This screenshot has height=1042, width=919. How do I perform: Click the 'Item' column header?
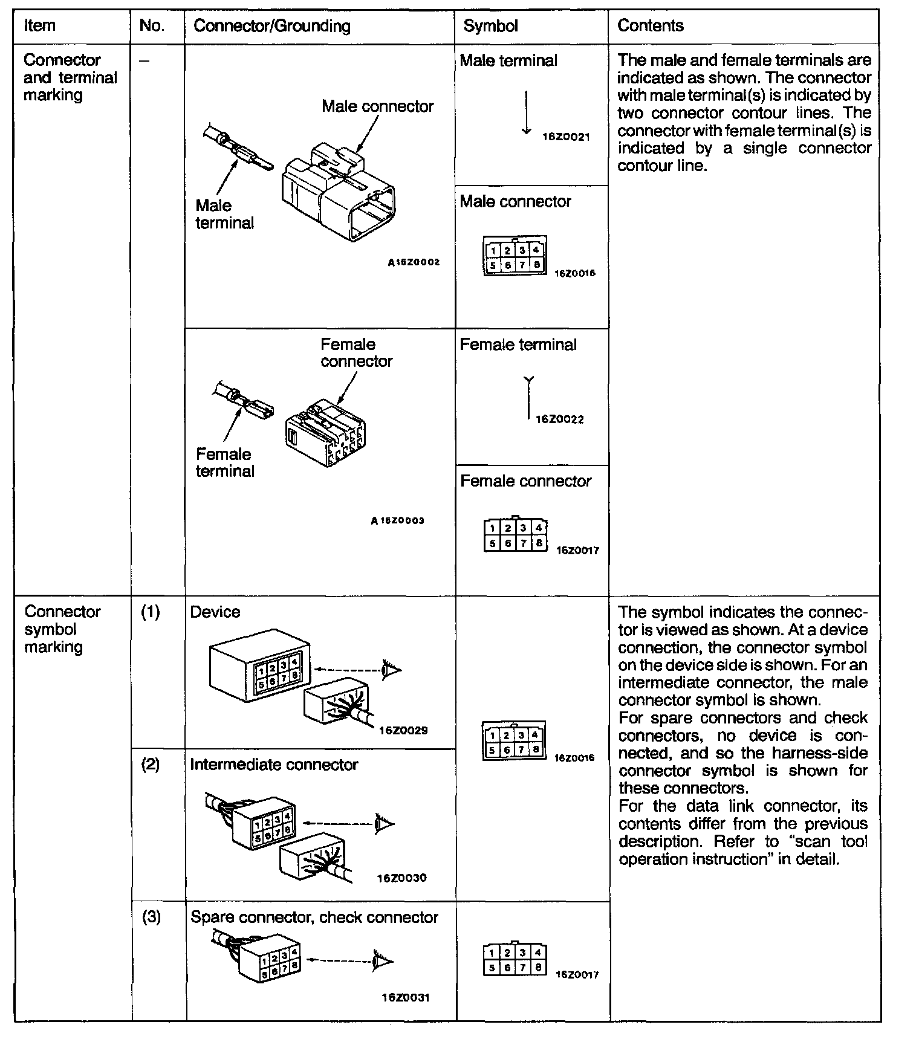click(39, 26)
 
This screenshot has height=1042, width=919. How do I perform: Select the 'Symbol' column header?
click(490, 26)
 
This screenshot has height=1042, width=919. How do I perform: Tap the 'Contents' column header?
click(650, 26)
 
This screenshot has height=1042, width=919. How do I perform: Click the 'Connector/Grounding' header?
click(271, 26)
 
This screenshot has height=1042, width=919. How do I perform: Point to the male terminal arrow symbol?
click(527, 112)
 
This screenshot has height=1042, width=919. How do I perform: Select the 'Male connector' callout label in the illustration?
click(377, 106)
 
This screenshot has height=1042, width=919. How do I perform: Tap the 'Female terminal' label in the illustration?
click(224, 462)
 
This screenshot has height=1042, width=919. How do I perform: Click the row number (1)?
click(151, 612)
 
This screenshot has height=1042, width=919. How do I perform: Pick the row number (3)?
click(151, 917)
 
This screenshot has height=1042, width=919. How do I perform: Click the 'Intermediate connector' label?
click(274, 765)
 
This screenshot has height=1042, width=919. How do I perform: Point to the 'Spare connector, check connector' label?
click(314, 917)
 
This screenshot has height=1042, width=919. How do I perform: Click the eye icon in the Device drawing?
click(391, 669)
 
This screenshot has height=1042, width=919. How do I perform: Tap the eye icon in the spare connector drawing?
click(383, 960)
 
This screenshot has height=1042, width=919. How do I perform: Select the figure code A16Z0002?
click(414, 263)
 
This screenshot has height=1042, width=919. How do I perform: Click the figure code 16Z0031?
click(405, 997)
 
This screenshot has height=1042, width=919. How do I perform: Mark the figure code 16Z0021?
click(566, 137)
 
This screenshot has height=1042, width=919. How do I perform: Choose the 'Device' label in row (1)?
click(215, 612)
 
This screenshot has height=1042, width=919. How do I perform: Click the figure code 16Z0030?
click(401, 878)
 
